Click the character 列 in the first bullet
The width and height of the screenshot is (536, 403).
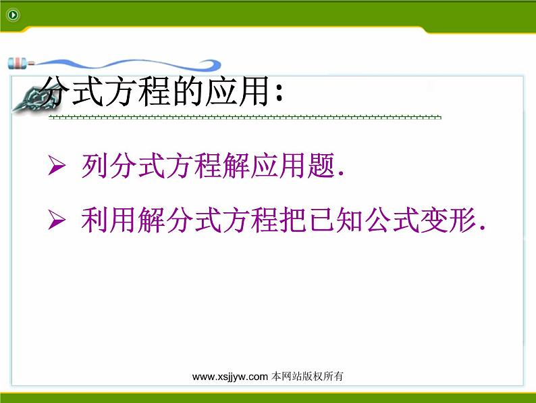click(95, 166)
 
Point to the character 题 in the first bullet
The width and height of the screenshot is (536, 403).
click(321, 166)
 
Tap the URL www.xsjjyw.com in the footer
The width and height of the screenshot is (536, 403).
click(230, 377)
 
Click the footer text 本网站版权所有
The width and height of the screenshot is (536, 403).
click(307, 377)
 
